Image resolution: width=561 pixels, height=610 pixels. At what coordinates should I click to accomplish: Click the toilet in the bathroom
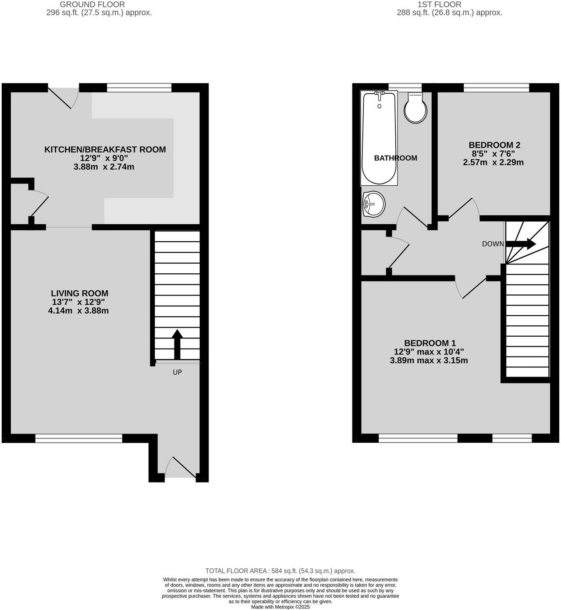click(415, 108)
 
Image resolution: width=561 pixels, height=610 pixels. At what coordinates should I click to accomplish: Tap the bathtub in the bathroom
click(379, 138)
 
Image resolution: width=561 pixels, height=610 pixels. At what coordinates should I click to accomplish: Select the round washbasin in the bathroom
click(373, 204)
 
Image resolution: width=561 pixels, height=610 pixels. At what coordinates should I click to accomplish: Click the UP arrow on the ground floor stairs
click(177, 344)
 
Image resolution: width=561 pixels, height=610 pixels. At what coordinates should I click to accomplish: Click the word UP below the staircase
click(177, 372)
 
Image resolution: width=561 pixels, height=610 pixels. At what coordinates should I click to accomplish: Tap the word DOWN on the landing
click(493, 244)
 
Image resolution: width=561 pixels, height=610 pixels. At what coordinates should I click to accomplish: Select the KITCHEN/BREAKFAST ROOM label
click(105, 149)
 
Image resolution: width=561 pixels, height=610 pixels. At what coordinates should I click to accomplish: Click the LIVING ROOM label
click(79, 293)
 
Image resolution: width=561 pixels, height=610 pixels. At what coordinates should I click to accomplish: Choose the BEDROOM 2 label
click(494, 145)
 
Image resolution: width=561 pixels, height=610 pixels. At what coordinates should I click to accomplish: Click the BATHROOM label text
click(395, 158)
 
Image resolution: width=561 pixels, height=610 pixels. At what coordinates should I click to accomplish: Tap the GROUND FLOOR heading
click(92, 4)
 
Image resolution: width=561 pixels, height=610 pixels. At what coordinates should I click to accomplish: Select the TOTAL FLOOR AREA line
click(280, 571)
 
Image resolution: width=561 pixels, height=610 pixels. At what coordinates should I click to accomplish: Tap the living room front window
click(79, 438)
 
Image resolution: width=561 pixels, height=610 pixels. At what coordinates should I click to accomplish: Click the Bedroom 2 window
click(496, 88)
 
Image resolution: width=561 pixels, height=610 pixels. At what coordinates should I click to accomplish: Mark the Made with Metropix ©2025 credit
click(280, 607)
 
